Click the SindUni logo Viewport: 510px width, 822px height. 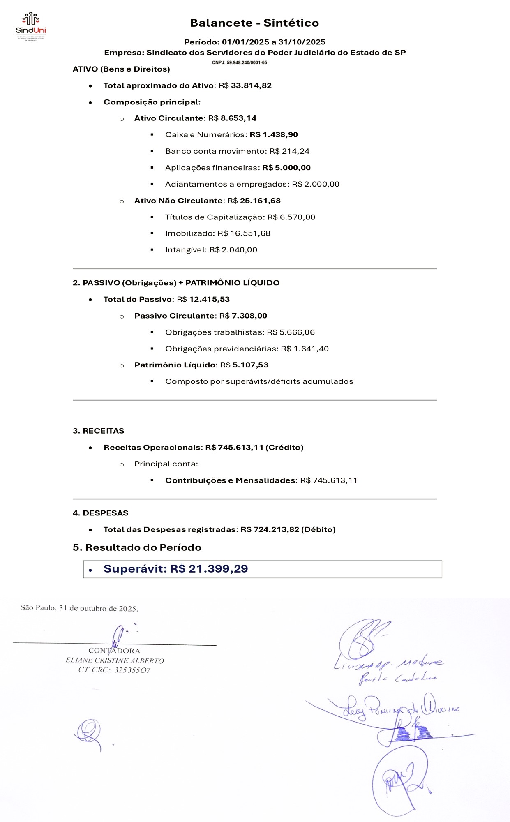pos(31,25)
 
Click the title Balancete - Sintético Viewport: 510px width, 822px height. pos(254,23)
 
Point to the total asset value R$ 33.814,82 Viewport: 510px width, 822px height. pos(245,85)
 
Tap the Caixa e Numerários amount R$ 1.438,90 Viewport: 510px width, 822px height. pos(274,135)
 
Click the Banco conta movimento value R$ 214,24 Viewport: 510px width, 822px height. pos(289,151)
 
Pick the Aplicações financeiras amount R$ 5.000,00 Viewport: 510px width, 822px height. pos(286,168)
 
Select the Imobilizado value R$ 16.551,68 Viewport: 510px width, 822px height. pos(244,233)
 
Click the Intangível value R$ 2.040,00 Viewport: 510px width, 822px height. pos(233,250)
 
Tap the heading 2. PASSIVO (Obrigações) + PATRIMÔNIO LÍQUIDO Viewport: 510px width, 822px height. pos(176,283)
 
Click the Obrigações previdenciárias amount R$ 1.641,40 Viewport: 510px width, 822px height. pos(305,349)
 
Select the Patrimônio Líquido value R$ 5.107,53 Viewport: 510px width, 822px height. pos(244,365)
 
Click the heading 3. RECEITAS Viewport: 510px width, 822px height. pos(99,431)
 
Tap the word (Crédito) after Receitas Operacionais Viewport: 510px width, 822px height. pos(284,448)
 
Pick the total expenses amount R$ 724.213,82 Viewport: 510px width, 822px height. pos(270,530)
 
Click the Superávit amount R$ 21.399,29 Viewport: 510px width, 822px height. pos(209,569)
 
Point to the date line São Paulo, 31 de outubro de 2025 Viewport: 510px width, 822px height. pos(79,608)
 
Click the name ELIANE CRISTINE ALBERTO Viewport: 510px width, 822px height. pos(115,661)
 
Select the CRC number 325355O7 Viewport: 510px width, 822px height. pos(132,670)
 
